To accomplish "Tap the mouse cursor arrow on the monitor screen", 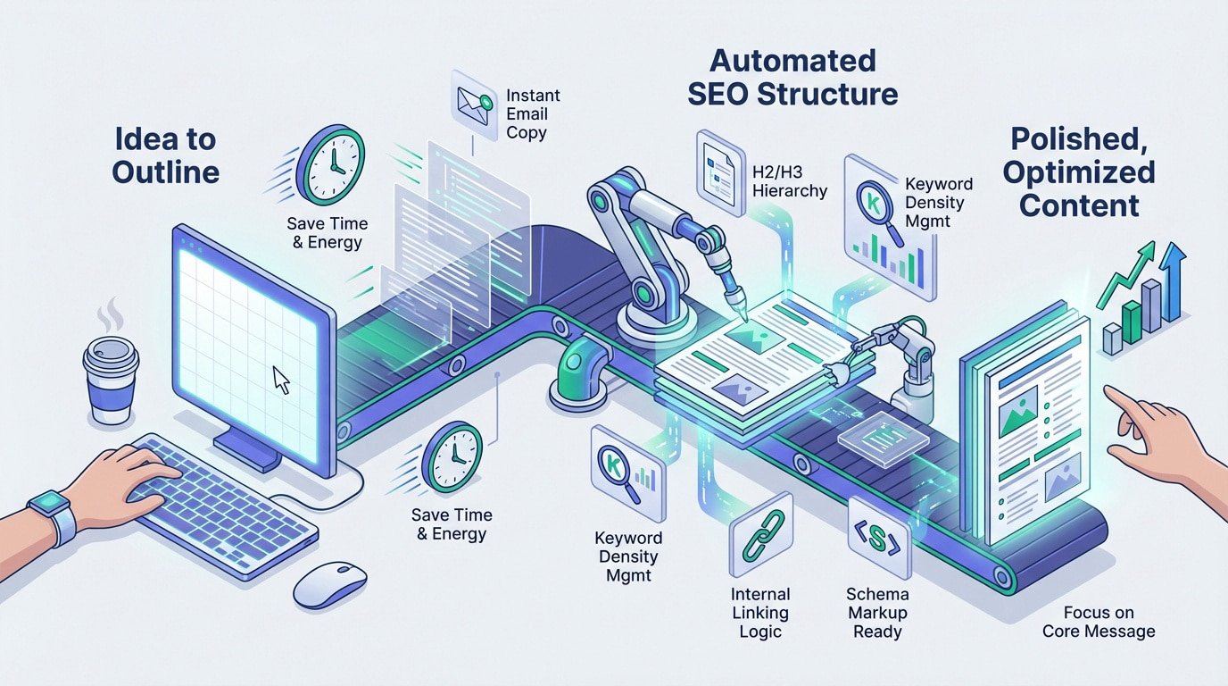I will tap(281, 380).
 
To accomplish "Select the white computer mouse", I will tap(329, 584).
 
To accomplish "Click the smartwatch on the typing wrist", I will tap(52, 517).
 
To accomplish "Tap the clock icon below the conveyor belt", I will tap(453, 456).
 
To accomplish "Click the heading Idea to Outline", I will tap(166, 155).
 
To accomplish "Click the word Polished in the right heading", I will tap(1078, 140).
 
